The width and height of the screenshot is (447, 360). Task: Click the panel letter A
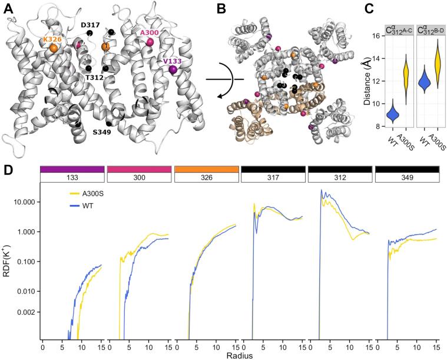tap(7, 8)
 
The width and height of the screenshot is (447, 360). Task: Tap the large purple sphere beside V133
tap(173, 70)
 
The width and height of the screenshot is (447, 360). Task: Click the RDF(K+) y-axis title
tap(7, 259)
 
